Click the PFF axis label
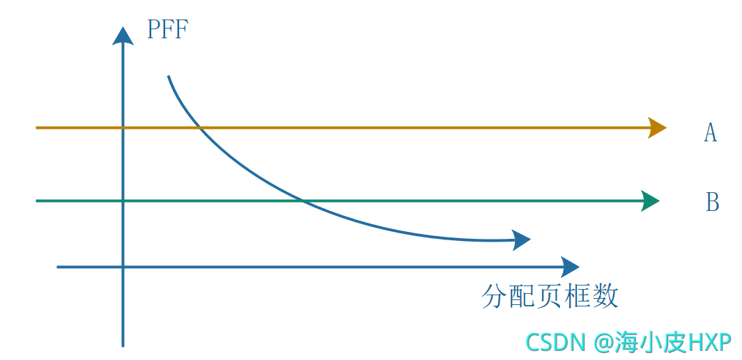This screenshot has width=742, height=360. [167, 31]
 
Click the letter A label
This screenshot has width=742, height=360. [710, 132]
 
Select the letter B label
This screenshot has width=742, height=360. [712, 202]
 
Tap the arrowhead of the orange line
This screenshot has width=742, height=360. [656, 127]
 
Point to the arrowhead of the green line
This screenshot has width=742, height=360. [649, 201]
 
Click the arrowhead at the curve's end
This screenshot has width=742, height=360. [521, 240]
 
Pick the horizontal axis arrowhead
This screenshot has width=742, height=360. [570, 266]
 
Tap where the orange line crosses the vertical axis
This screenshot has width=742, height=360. [123, 127]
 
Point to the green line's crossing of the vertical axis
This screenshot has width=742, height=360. [123, 201]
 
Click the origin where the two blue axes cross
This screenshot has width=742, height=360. [123, 266]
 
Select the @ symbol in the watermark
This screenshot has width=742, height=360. [603, 342]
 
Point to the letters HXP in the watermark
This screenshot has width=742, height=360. [709, 342]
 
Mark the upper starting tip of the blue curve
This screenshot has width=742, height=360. [169, 76]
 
